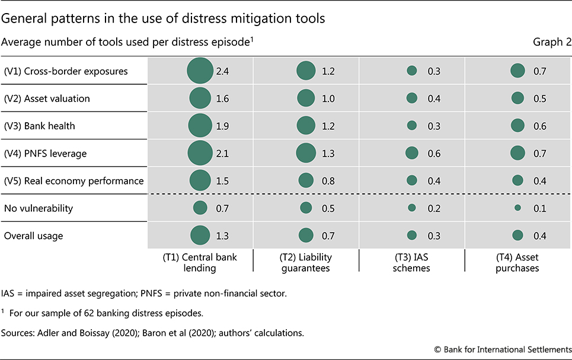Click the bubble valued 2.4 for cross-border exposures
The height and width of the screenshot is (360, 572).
pyautogui.click(x=200, y=71)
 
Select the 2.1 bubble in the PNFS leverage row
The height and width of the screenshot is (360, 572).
pyautogui.click(x=200, y=153)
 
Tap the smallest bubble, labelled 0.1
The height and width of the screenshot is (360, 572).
pyautogui.click(x=517, y=208)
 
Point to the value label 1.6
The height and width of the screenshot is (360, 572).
pyautogui.click(x=222, y=98)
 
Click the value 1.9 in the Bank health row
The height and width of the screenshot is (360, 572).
pyautogui.click(x=222, y=126)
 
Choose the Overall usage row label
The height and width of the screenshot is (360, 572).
pyautogui.click(x=33, y=235)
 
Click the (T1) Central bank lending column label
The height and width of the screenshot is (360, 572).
pyautogui.click(x=200, y=262)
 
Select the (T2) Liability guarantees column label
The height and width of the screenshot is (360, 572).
pyautogui.click(x=306, y=262)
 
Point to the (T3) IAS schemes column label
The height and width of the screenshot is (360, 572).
pyautogui.click(x=411, y=262)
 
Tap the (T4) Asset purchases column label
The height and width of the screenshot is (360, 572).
pyautogui.click(x=517, y=262)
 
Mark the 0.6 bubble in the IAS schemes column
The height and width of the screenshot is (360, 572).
pyautogui.click(x=411, y=153)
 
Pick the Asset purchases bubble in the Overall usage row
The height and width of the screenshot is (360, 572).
pyautogui.click(x=517, y=235)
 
